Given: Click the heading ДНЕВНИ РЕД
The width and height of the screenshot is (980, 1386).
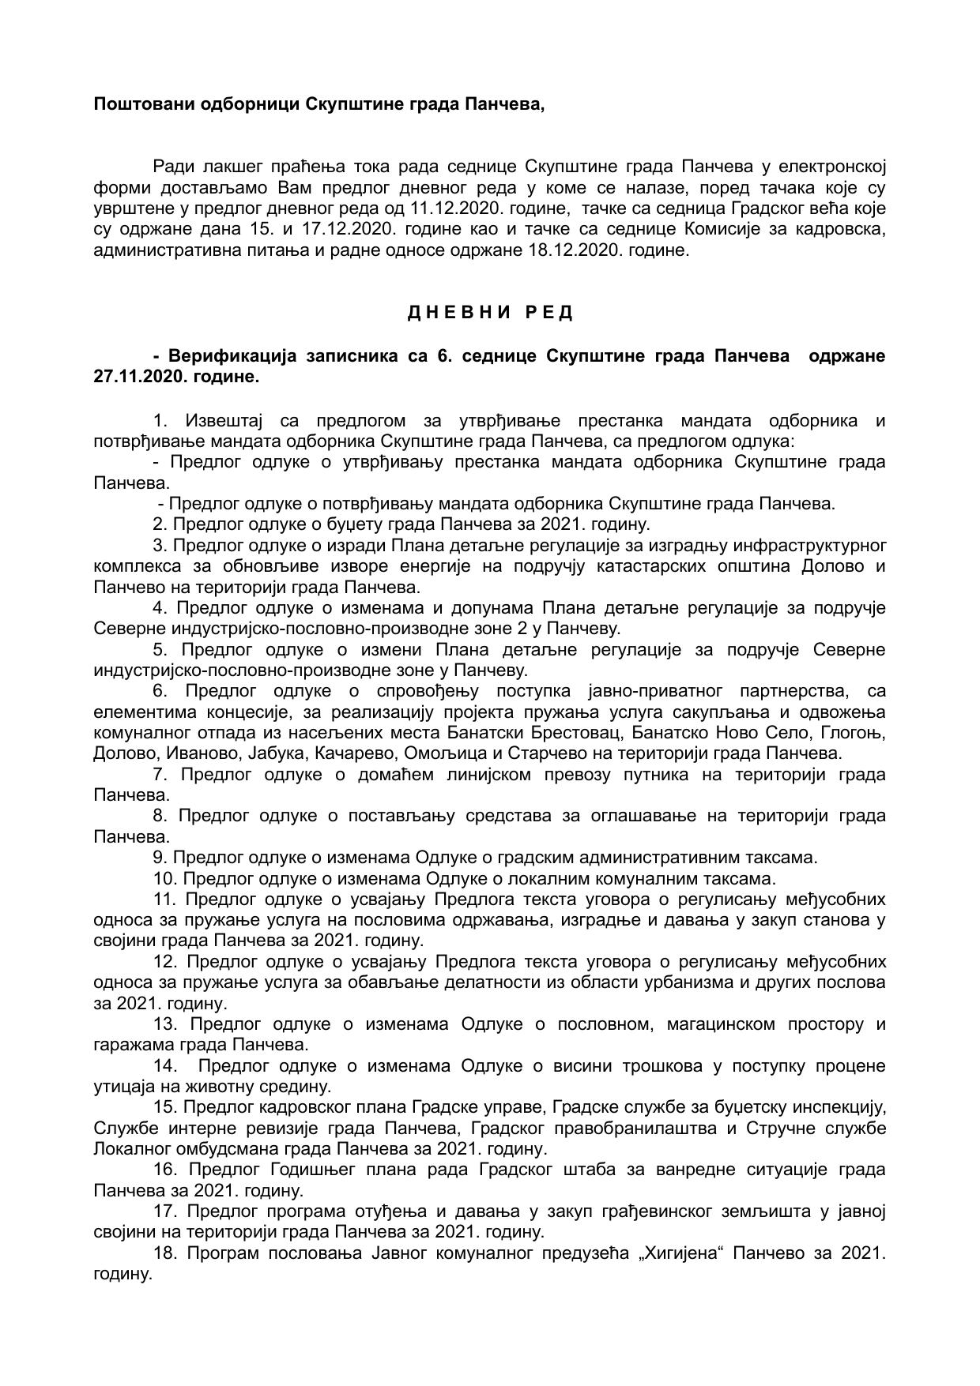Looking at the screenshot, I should pos(490,313).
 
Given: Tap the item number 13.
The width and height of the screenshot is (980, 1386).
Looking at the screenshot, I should pos(164,1024).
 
